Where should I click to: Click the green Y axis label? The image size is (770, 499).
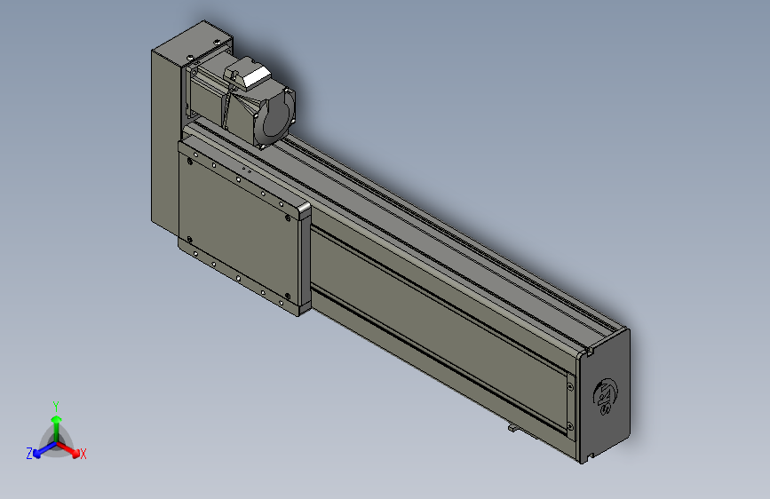56,404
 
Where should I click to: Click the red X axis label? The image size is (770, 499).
83,454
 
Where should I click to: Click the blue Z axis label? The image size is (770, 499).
29,453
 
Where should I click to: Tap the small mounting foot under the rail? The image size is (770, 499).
514,429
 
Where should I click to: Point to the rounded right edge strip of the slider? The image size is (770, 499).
305,257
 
